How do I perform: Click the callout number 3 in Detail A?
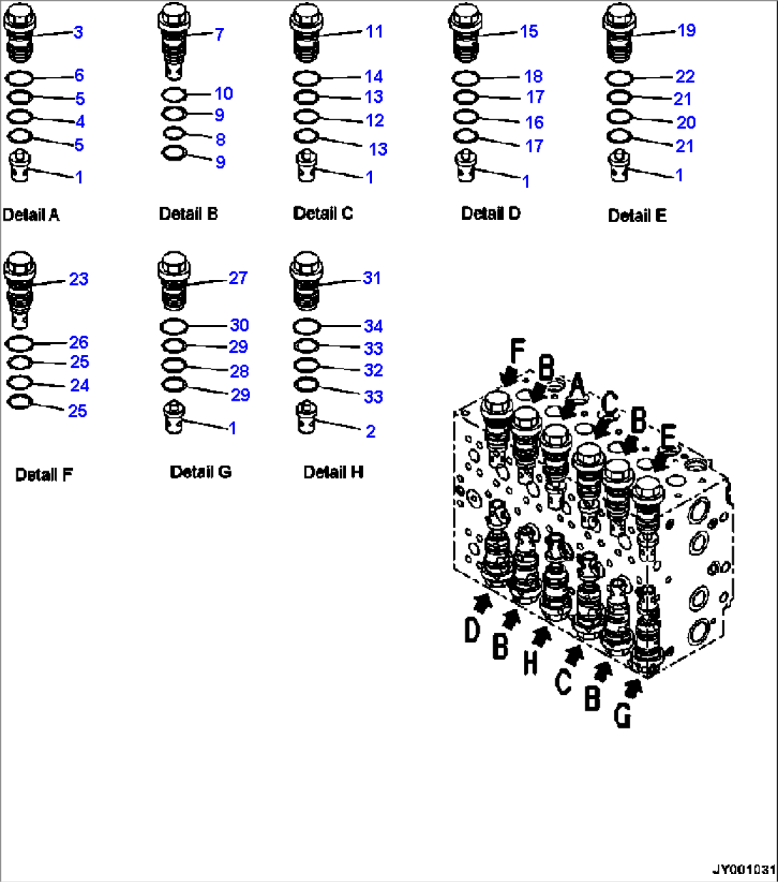[79, 32]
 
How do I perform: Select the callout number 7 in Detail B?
[219, 34]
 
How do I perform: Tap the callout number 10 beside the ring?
[223, 94]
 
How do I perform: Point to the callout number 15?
[529, 31]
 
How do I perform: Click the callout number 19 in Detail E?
[687, 31]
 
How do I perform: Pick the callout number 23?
[79, 279]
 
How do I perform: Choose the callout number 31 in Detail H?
[372, 279]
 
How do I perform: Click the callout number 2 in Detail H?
[370, 431]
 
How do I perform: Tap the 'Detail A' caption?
[31, 215]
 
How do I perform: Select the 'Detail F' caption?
[44, 474]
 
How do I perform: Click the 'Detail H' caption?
[333, 472]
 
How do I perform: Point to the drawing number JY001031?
[744, 869]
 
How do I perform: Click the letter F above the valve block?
[517, 351]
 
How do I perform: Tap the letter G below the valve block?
[622, 716]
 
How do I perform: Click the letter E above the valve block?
[668, 436]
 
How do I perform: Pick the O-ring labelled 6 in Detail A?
[19, 79]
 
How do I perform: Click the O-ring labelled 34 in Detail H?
[307, 326]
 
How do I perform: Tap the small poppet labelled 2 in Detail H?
[307, 417]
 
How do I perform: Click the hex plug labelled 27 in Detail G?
[174, 281]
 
